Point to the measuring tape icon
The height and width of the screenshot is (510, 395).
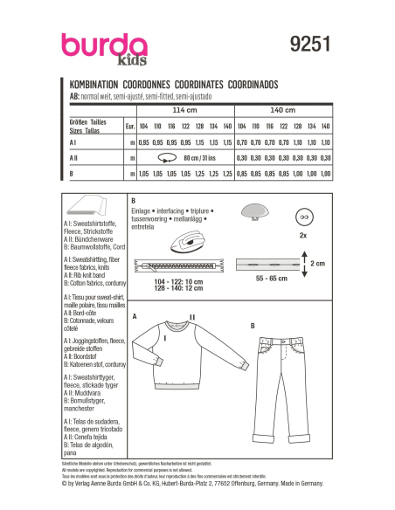pyautogui.click(x=165, y=159)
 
